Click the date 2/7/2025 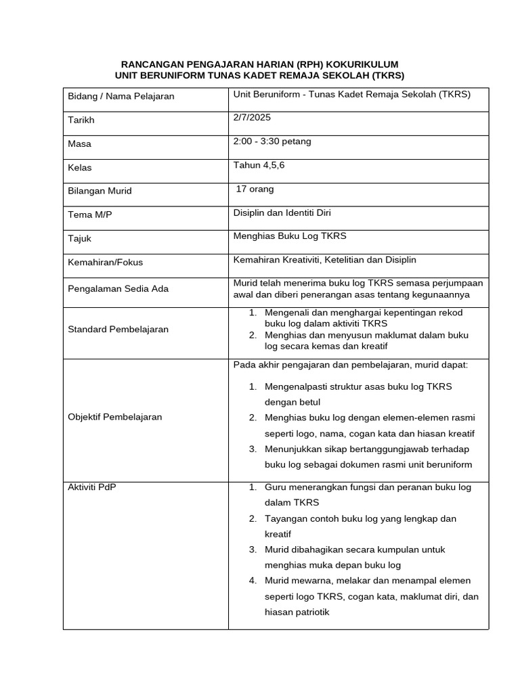pyautogui.click(x=252, y=117)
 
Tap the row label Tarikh pyautogui.click(x=81, y=120)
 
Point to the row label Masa pyautogui.click(x=79, y=143)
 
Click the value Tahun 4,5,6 pyautogui.click(x=258, y=164)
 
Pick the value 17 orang pyautogui.click(x=255, y=189)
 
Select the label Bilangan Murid pyautogui.click(x=100, y=191)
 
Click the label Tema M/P pyautogui.click(x=89, y=215)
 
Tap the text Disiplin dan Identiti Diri pyautogui.click(x=282, y=213)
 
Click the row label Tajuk pyautogui.click(x=80, y=238)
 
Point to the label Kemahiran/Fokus pyautogui.click(x=106, y=262)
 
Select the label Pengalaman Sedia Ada pyautogui.click(x=118, y=288)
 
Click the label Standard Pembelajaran pyautogui.click(x=118, y=329)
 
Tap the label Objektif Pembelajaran pyautogui.click(x=115, y=417)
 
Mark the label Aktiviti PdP pyautogui.click(x=92, y=487)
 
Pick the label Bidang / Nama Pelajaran pyautogui.click(x=121, y=96)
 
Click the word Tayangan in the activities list pyautogui.click(x=284, y=518)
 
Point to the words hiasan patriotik pyautogui.click(x=297, y=612)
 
